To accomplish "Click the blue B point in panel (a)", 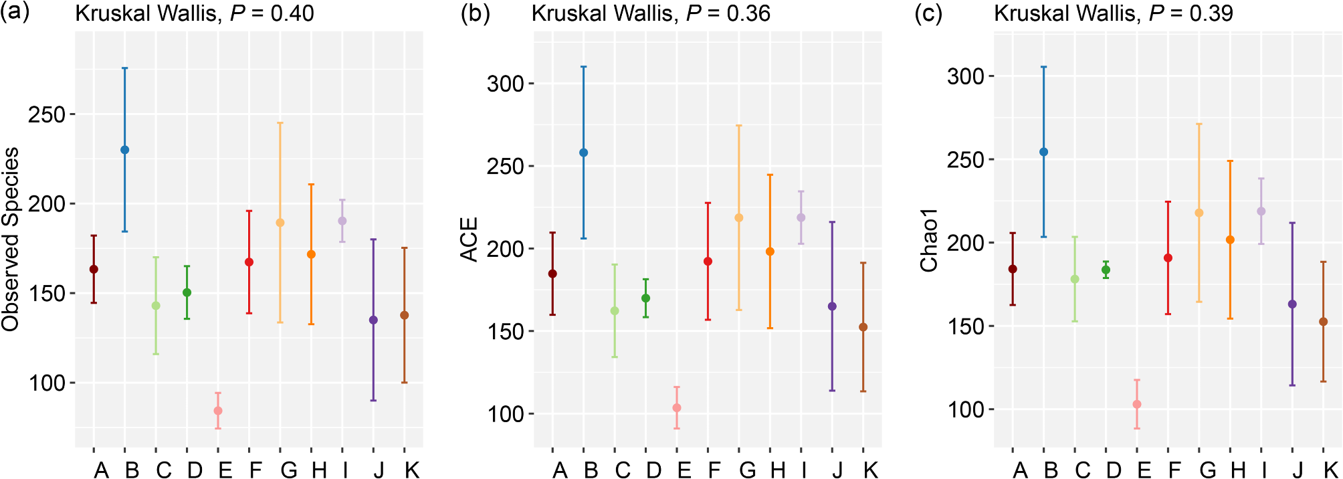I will coord(125,150).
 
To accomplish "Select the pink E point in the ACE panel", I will coord(677,408).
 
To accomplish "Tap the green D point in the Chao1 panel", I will coord(1106,270).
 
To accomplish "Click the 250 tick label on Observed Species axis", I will coord(47,115).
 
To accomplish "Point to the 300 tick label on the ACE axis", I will coord(506,84).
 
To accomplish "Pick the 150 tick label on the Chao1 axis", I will coord(966,326).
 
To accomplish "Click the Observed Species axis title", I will coord(11,239).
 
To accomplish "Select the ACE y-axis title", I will coord(470,239).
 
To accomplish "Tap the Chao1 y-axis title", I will coord(930,239).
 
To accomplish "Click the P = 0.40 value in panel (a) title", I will coord(272,13).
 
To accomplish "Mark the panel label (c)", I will coord(928,13).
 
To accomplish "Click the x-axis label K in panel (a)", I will coord(412,470).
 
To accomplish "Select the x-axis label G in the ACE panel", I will coord(747,470).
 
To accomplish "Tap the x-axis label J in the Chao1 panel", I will coord(1297,470).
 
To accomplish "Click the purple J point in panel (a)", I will coord(373,320).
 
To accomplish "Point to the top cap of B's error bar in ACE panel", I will coord(584,67).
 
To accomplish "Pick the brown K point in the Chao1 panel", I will coord(1323,322).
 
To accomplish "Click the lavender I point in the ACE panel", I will coord(801,217).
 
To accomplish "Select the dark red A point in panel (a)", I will coord(94,269).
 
